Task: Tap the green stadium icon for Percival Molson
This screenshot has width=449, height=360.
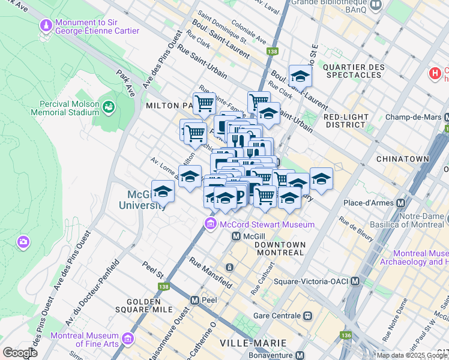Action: (x=109, y=107)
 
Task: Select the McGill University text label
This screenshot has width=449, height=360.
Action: (x=147, y=200)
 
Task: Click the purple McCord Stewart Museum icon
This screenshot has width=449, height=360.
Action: (x=210, y=224)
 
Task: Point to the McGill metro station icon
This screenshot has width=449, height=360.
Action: (x=237, y=236)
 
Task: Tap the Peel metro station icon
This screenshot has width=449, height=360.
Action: (x=194, y=299)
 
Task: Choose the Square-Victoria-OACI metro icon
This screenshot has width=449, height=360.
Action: (x=355, y=281)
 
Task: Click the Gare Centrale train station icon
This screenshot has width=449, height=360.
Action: (x=308, y=316)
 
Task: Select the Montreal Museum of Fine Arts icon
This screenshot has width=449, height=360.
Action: (x=127, y=339)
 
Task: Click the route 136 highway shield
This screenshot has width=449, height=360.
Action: (x=345, y=335)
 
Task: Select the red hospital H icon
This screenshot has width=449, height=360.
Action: (x=435, y=74)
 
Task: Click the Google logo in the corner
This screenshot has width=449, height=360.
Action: (x=20, y=353)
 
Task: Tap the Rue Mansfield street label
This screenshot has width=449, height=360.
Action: (x=211, y=272)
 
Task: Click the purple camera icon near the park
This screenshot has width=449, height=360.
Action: (x=23, y=242)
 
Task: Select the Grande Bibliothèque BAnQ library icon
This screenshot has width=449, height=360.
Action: (x=376, y=5)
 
